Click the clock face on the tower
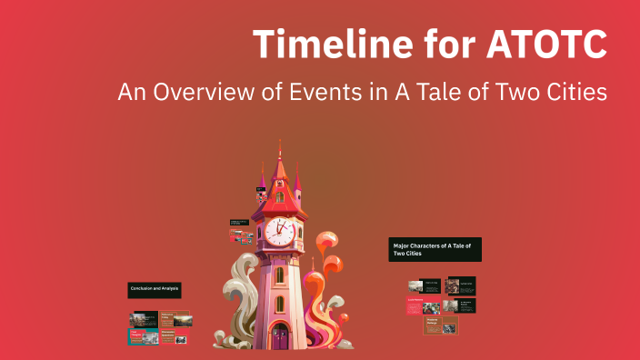coord(282,232)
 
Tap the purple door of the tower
coord(280,338)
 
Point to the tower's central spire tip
coord(280,145)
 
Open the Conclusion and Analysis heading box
coord(154,289)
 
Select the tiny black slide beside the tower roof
coord(261,191)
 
